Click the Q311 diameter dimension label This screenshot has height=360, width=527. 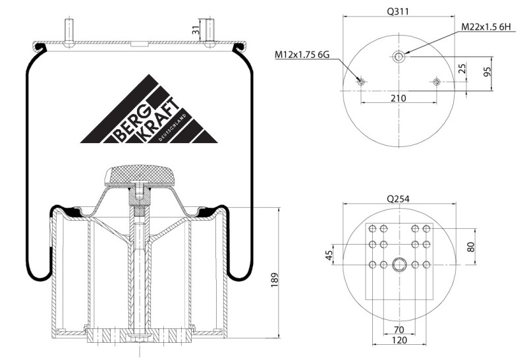point(398,11)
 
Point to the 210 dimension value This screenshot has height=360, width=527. point(399,98)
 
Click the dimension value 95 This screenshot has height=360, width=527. point(487,72)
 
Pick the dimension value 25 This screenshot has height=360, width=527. point(462,69)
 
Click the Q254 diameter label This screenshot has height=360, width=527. point(398,199)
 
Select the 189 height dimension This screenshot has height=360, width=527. point(275,280)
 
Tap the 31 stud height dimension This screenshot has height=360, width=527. point(196,30)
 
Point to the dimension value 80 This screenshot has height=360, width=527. point(471,247)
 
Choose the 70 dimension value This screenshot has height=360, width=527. point(399,330)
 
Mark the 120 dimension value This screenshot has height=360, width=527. point(399,340)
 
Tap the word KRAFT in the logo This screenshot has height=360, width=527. point(158,119)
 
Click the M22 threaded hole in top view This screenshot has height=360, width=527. point(399,57)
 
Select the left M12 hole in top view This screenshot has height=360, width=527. point(361,82)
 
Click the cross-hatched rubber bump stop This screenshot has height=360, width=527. point(140,175)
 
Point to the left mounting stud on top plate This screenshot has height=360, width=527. point(69,32)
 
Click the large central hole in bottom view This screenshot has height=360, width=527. point(399,264)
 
